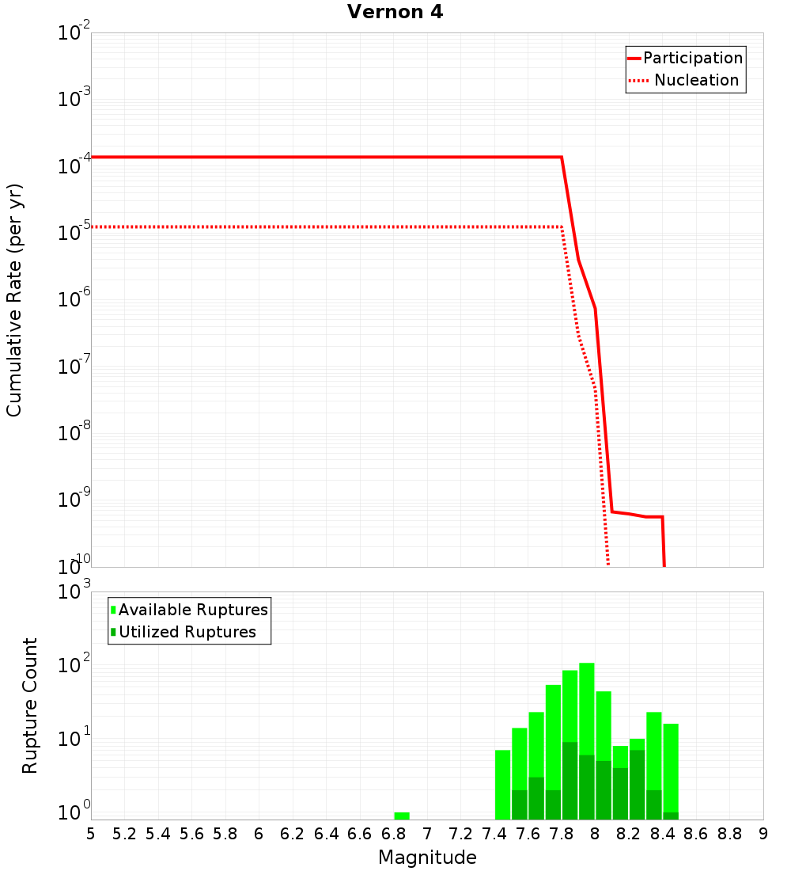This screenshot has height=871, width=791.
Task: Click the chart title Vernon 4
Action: pos(395,12)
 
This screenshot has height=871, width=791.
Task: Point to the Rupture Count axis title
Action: pos(30,706)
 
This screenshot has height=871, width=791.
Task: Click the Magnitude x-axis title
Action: pos(427,858)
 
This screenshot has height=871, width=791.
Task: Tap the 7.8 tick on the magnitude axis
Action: pos(562,834)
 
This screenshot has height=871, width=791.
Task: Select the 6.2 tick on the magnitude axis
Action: pos(293,834)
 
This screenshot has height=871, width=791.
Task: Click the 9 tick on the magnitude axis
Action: pos(763,834)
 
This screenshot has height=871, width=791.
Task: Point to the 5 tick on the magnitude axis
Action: pos(91,834)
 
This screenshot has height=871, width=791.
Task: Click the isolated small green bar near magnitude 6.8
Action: pos(402,816)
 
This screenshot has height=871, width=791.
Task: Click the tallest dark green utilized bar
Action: pos(570,780)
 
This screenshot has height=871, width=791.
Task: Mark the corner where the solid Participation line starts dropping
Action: pos(562,157)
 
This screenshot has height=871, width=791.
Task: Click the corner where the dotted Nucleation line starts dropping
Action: pos(562,226)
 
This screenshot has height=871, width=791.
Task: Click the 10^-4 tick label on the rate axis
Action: pos(73,166)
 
